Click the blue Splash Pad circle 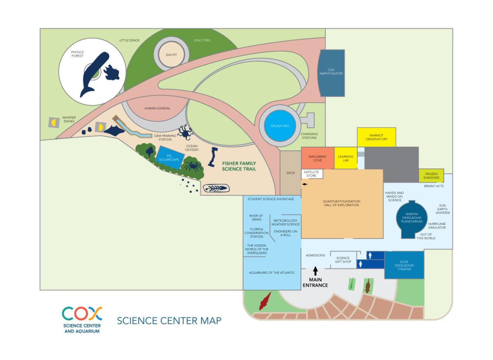pos(279,126)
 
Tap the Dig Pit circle pos(171,55)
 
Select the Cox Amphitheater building pos(331,73)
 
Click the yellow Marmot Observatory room pos(376,137)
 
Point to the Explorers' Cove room pos(318,158)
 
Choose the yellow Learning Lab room pos(346,158)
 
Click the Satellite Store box pos(312,174)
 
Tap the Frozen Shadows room pos(431,176)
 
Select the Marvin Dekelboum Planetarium pos(412,219)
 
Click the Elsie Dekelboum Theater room pos(404,265)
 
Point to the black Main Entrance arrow pos(316,271)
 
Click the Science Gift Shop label pos(343,260)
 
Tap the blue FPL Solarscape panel pos(169,158)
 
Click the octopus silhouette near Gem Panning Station pos(185,132)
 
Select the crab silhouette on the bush pos(193,167)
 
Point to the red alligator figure pos(265,301)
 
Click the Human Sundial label pos(157,108)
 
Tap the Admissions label pos(315,255)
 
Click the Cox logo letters pos(82,314)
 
